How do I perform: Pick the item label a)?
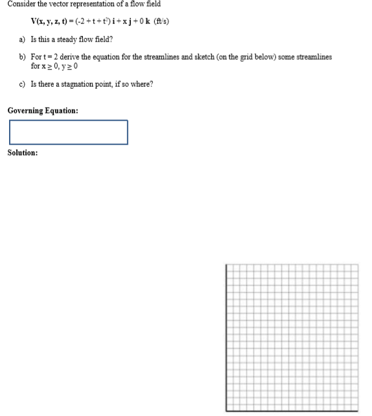coord(23,39)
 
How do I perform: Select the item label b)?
coord(23,57)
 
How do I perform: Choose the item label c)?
coord(23,84)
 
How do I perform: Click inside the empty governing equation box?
coord(68,132)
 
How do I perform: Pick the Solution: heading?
coord(23,153)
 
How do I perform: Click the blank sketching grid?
coord(292,337)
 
